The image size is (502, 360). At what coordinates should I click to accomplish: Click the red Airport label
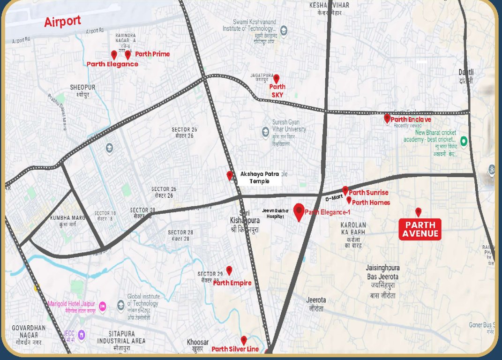click(62, 22)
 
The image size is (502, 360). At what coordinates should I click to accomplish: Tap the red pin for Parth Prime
click(128, 55)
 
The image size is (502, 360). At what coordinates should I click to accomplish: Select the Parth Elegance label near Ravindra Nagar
click(112, 64)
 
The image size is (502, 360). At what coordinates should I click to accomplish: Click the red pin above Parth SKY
click(277, 79)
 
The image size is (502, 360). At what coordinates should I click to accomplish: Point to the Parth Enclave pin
click(387, 119)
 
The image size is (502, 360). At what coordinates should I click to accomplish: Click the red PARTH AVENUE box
click(420, 229)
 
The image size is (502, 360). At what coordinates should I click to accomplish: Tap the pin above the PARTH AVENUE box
click(419, 212)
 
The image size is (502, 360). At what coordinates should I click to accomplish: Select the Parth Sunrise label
click(368, 193)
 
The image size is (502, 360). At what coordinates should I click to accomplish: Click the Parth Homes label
click(371, 202)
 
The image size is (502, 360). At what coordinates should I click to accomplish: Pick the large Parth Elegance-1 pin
click(299, 212)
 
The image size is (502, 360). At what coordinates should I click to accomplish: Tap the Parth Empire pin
click(229, 270)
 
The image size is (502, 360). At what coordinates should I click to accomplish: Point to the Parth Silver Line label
click(235, 349)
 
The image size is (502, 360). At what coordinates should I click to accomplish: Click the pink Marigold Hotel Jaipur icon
click(103, 307)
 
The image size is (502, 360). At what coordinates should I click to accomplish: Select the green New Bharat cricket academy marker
click(464, 141)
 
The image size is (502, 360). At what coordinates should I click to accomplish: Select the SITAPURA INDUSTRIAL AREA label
click(121, 337)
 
